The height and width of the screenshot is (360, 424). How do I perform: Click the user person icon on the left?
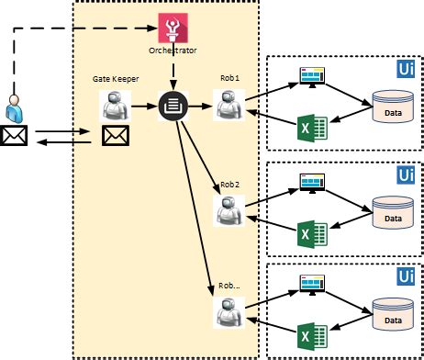[x=16, y=108]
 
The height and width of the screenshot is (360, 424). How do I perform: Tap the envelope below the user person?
[x=16, y=137]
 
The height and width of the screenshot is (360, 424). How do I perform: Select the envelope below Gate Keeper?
[x=114, y=137]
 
